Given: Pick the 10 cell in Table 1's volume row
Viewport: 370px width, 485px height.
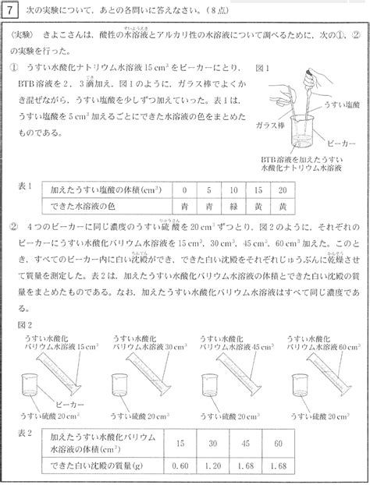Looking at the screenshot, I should click(233, 189).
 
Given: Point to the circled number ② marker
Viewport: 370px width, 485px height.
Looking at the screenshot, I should click(15, 226).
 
